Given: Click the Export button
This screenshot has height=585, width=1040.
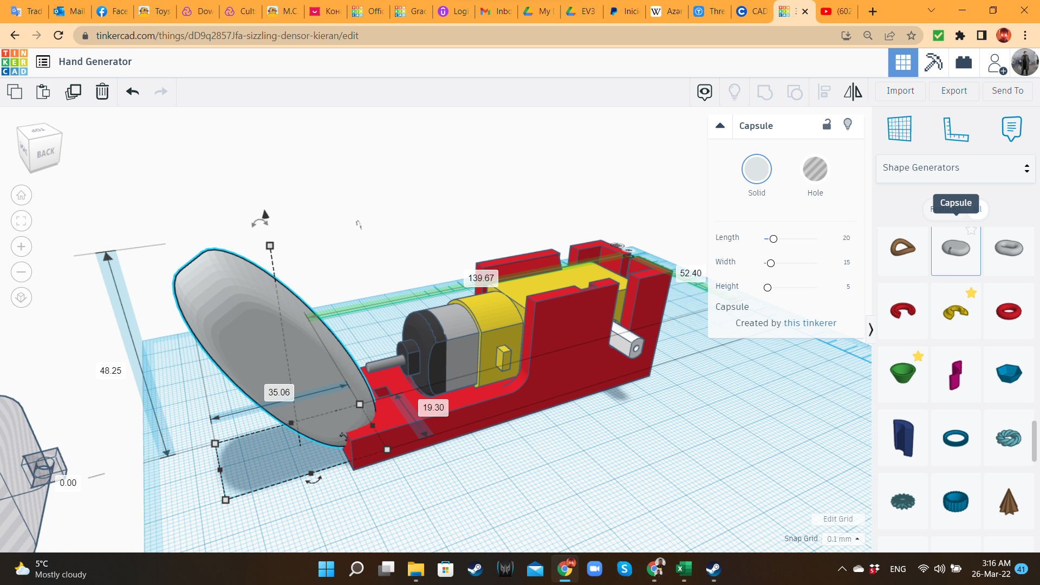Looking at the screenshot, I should tap(954, 91).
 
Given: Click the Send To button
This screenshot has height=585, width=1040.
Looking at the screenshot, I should tap(1007, 91).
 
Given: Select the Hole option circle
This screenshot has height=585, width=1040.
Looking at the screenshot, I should tap(815, 170).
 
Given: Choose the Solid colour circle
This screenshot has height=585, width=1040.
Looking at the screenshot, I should tap(756, 170).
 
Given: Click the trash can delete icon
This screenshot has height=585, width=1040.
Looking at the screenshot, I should tap(102, 92).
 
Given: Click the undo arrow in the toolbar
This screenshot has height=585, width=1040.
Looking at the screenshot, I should tap(133, 92).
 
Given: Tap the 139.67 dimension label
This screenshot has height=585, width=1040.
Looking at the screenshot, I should tap(481, 278).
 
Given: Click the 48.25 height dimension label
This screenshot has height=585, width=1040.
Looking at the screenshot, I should tap(110, 370).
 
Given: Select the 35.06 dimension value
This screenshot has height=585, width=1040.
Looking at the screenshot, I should tap(279, 392).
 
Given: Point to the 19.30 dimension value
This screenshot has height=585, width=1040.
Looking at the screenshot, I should tap(433, 407).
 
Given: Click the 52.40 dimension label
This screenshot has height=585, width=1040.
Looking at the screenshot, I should tap(691, 273).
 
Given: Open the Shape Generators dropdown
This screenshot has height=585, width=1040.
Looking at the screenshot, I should tap(955, 168).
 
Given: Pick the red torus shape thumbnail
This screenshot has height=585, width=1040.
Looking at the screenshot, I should tap(1009, 311).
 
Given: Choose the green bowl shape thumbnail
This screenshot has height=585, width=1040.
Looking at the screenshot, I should tap(902, 373).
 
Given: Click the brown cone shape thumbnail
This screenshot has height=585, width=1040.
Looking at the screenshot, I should tap(1009, 502).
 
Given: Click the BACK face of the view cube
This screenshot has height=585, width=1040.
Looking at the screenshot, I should tap(45, 153).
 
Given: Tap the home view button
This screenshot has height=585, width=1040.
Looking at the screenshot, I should tap(21, 195).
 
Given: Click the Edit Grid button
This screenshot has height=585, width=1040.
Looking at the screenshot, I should tap(838, 519).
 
